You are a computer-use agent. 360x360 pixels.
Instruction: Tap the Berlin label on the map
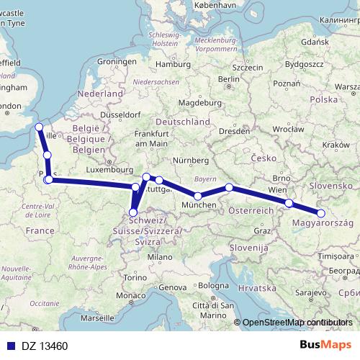coord(229,79)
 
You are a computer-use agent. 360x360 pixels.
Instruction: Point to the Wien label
coord(277,189)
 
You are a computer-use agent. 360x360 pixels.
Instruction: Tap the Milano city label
coord(160,256)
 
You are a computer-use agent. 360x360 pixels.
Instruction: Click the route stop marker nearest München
coord(197,196)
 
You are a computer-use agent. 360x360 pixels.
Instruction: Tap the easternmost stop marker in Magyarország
coord(321,212)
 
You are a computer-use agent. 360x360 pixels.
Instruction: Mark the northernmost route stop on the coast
coord(39,127)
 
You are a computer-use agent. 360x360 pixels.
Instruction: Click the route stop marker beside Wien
coord(289,203)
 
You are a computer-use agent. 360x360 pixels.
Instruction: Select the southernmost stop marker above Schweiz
coord(133,212)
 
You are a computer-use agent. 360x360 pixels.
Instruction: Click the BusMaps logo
coord(325,346)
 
